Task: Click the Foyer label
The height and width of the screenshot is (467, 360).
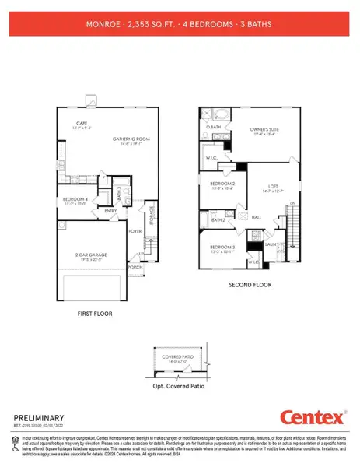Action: tap(135, 230)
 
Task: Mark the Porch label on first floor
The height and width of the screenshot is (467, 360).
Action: tap(135, 266)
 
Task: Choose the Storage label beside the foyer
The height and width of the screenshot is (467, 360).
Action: tap(152, 213)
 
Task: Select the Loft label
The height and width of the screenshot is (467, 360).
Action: tap(273, 186)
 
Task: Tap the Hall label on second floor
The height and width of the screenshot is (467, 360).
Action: tap(256, 218)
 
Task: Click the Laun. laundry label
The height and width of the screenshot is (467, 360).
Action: tap(271, 244)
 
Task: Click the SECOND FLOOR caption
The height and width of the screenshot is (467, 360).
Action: tap(250, 285)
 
